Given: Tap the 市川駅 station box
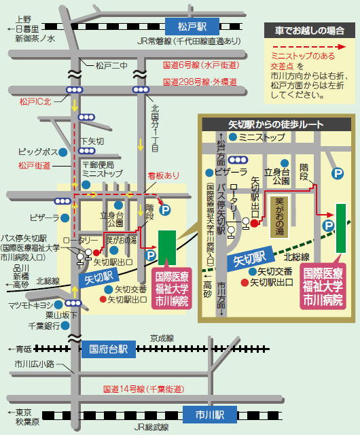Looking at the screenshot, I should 206,414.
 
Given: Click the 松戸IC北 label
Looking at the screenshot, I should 35,101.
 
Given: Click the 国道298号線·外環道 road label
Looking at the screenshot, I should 200,82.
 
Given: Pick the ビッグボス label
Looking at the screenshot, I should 37,151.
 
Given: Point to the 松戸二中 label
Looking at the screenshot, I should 111,66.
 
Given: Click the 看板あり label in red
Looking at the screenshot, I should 164,175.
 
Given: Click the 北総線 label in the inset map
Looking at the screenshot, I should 297,257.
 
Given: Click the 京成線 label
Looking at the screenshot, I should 162,336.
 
